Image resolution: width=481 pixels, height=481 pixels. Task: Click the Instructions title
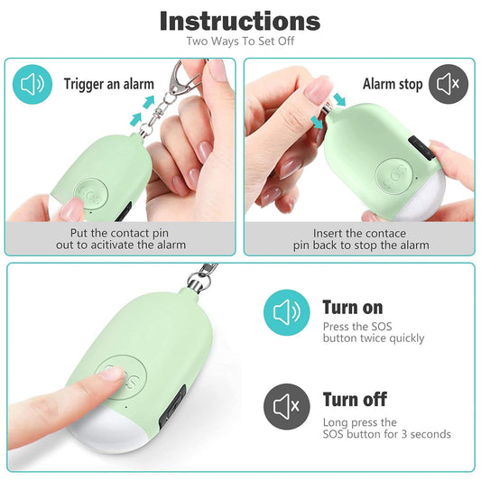coord(240,21)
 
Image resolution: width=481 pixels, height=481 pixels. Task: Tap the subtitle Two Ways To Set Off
coord(240,42)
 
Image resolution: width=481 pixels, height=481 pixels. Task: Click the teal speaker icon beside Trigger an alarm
coord(32,84)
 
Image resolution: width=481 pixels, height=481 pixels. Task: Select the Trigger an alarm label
coord(108,84)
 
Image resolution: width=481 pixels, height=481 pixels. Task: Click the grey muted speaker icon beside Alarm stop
coord(449,84)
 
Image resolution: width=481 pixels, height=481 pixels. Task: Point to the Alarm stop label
coord(393,84)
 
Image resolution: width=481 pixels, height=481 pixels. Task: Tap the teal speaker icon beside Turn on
coord(286,312)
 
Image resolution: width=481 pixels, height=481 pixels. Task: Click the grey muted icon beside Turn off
coord(286,406)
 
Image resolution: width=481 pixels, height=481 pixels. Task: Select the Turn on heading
coord(353,307)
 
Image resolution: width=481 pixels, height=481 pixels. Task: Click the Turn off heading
coord(355,400)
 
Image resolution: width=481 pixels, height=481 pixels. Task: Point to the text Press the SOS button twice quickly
coord(374,332)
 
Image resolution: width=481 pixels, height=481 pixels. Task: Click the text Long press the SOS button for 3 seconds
coord(386,429)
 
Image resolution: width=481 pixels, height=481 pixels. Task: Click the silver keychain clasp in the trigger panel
coord(181,79)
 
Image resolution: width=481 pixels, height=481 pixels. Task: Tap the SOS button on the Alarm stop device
coord(394,176)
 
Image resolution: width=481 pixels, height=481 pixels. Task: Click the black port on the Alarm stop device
coord(421,149)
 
